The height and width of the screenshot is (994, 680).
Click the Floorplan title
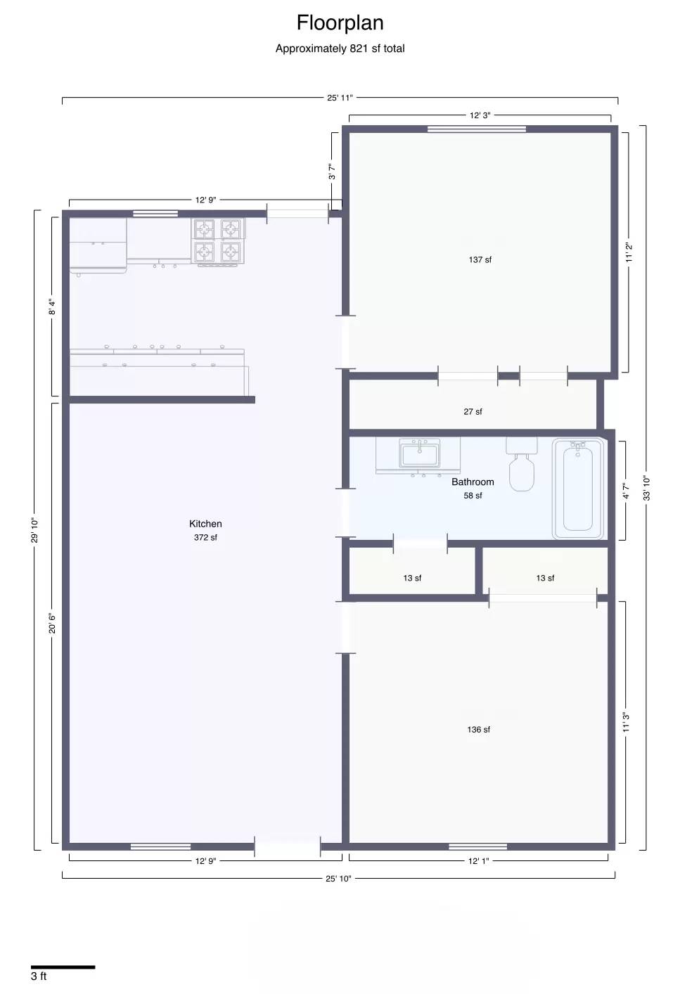(340, 23)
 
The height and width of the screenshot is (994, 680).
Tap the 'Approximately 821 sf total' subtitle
(340, 49)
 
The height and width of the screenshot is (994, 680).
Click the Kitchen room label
(205, 524)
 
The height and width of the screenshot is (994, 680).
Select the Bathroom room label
(473, 482)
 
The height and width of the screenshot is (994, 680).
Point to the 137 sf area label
(480, 260)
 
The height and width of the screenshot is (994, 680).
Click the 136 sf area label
(479, 730)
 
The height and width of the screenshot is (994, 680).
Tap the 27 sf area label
(473, 412)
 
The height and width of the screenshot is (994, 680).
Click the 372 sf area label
(205, 538)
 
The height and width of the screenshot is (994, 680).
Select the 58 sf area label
(473, 496)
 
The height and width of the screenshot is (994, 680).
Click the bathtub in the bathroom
(578, 488)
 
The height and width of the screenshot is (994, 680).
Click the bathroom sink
(419, 454)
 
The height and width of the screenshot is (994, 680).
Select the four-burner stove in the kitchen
(218, 241)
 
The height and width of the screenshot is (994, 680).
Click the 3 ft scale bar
(63, 967)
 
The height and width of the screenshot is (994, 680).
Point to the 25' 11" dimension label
(340, 98)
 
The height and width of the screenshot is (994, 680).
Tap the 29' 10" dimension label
(34, 530)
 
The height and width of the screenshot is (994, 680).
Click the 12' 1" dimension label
(479, 861)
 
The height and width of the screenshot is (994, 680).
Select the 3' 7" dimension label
(332, 172)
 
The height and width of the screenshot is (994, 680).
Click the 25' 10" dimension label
(338, 879)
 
